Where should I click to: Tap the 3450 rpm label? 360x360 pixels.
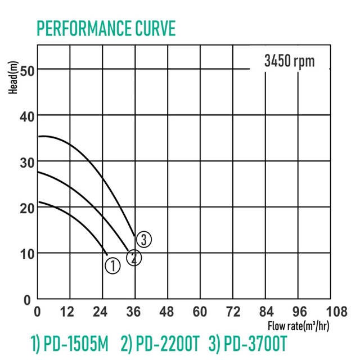point(289,61)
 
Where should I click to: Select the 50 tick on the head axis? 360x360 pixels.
point(25,70)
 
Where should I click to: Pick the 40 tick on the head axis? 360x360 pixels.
point(25,116)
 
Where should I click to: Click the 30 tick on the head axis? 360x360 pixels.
point(25,162)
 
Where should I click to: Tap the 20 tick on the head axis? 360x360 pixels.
point(25,208)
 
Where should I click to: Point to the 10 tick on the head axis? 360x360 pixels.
point(25,254)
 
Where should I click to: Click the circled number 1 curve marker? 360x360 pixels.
point(112,265)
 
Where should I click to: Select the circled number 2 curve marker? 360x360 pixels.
point(134,258)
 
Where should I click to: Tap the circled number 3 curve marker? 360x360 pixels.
point(144,240)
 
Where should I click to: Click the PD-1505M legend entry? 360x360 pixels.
point(69,342)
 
